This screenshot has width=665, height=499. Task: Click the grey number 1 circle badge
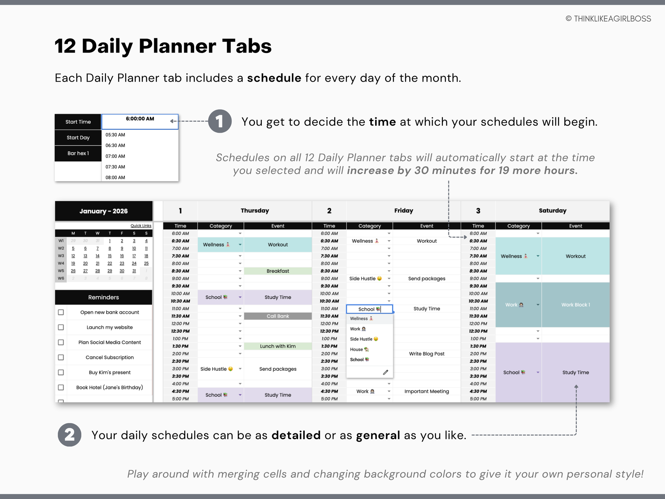220,121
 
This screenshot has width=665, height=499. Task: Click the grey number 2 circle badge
69,435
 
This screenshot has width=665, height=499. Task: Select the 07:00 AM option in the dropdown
115,156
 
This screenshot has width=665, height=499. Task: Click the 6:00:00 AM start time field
140,122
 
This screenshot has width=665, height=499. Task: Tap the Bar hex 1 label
78,153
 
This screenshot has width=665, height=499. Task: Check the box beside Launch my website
61,327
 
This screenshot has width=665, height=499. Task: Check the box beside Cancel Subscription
61,357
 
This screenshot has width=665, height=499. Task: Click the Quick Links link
141,226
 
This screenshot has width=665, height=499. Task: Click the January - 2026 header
104,211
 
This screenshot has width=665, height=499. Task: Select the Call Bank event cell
278,316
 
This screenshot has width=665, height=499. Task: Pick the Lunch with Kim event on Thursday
278,346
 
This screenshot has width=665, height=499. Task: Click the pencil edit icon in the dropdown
385,372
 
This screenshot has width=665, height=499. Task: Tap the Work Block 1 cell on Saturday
575,305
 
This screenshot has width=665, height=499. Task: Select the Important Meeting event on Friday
426,391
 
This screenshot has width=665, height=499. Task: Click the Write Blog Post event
426,354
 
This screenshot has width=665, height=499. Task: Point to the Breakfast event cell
278,271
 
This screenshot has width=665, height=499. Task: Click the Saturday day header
553,211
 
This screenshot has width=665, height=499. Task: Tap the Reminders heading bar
104,297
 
